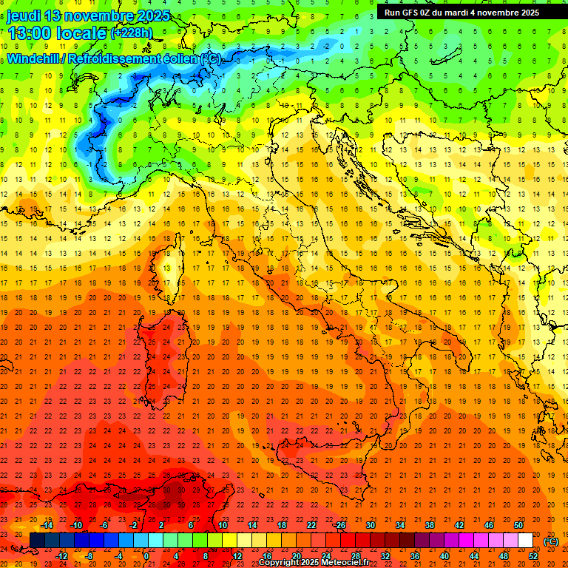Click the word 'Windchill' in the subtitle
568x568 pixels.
(x=36, y=58)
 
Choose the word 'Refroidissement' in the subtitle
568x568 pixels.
(x=119, y=58)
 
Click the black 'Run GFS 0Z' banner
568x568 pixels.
(x=462, y=12)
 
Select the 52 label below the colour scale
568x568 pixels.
(x=533, y=556)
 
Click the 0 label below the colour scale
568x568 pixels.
(x=147, y=556)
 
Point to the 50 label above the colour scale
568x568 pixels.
(x=518, y=525)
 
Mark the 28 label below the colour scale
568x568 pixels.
(x=356, y=556)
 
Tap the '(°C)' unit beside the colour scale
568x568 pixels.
(x=551, y=541)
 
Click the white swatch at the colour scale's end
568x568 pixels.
(x=525, y=541)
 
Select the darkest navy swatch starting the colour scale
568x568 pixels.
(x=38, y=541)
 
